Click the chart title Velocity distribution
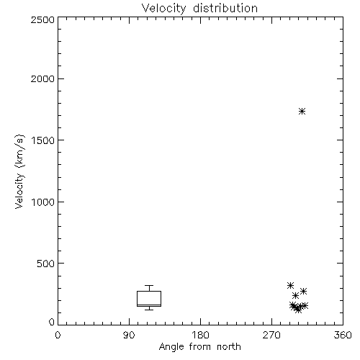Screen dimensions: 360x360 click(199, 9)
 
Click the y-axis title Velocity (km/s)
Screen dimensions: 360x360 click(19, 171)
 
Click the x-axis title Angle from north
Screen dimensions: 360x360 click(200, 347)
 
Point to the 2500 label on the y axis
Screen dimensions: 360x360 click(42, 19)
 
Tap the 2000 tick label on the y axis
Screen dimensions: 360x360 click(42, 79)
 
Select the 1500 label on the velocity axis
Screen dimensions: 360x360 click(43, 140)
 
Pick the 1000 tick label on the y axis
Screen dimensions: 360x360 click(43, 202)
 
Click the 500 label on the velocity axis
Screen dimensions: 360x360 click(46, 264)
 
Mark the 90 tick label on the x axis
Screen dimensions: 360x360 click(129, 335)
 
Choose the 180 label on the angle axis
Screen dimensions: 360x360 click(200, 335)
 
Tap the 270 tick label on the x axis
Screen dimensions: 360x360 click(271, 335)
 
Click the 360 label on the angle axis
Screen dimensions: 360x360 click(343, 335)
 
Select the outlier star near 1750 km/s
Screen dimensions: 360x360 click(302, 111)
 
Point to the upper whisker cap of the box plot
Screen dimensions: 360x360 click(149, 285)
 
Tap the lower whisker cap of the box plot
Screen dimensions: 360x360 click(149, 310)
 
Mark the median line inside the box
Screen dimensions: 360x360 click(149, 305)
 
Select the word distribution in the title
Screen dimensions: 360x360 click(225, 9)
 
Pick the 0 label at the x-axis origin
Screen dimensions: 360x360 click(58, 335)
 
